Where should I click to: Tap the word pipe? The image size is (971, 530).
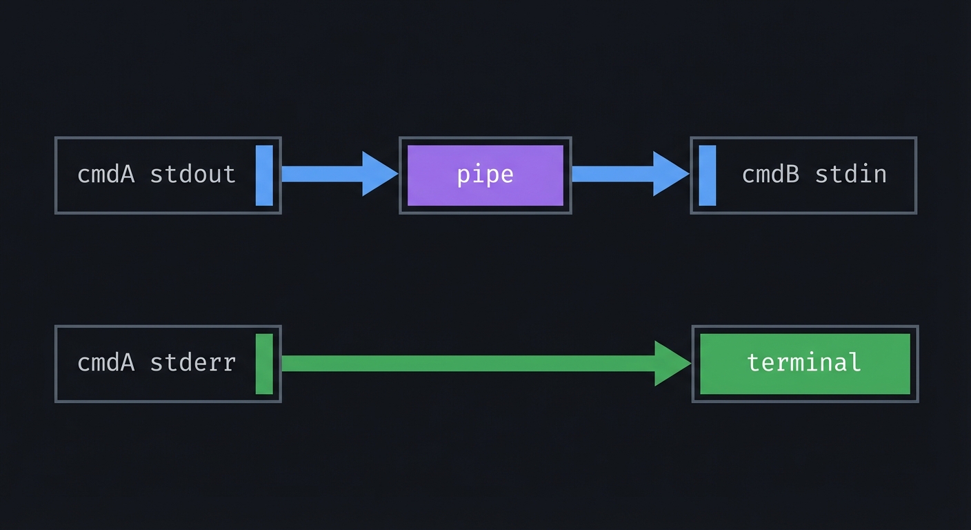pyautogui.click(x=485, y=175)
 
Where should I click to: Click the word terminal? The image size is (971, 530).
pyautogui.click(x=804, y=362)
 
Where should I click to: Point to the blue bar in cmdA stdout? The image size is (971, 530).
pyautogui.click(x=264, y=175)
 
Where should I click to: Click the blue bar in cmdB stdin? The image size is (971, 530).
pyautogui.click(x=707, y=175)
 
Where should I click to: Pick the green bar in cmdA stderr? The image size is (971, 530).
pyautogui.click(x=264, y=364)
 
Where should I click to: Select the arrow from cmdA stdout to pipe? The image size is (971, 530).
pyautogui.click(x=324, y=174)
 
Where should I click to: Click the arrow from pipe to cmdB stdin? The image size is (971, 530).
pyautogui.click(x=614, y=174)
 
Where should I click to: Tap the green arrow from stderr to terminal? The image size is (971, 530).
pyautogui.click(x=469, y=363)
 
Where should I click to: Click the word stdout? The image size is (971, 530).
pyautogui.click(x=192, y=175)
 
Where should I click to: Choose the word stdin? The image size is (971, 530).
pyautogui.click(x=850, y=175)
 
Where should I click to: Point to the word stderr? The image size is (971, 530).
pyautogui.click(x=192, y=362)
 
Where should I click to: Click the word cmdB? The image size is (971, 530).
pyautogui.click(x=770, y=175)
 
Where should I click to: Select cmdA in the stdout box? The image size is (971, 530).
pyautogui.click(x=106, y=175)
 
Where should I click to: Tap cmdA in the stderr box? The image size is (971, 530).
pyautogui.click(x=106, y=362)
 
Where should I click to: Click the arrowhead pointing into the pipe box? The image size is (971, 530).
pyautogui.click(x=379, y=174)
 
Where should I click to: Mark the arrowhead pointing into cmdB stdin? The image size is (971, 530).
pyautogui.click(x=670, y=174)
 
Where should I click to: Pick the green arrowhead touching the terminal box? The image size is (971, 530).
pyautogui.click(x=672, y=363)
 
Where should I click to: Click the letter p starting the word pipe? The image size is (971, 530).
pyautogui.click(x=463, y=176)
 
